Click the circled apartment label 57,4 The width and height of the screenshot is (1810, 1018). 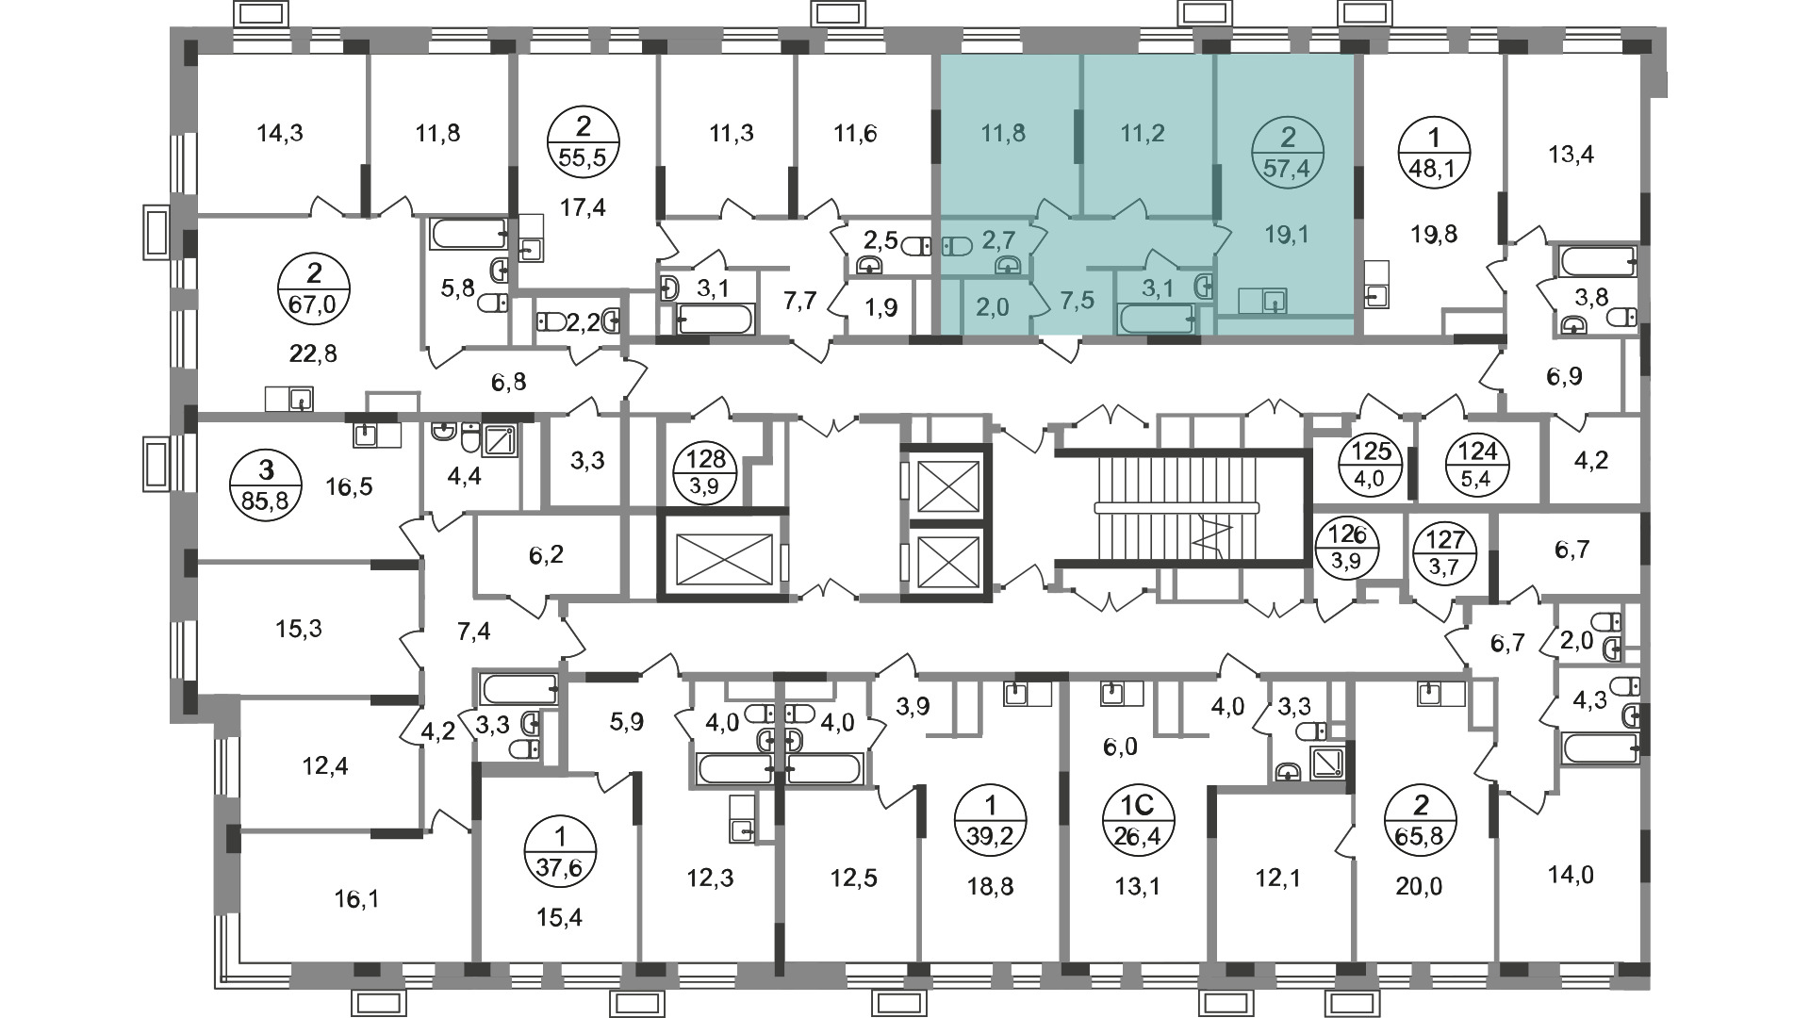pos(1288,156)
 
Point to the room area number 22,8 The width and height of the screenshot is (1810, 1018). pos(315,353)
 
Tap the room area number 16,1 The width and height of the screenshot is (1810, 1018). pos(355,901)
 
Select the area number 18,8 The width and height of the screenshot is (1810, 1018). pos(991,886)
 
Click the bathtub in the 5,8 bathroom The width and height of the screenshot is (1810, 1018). pos(469,234)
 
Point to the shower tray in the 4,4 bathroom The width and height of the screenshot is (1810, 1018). pos(499,440)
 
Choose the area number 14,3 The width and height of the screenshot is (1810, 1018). pos(280,133)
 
